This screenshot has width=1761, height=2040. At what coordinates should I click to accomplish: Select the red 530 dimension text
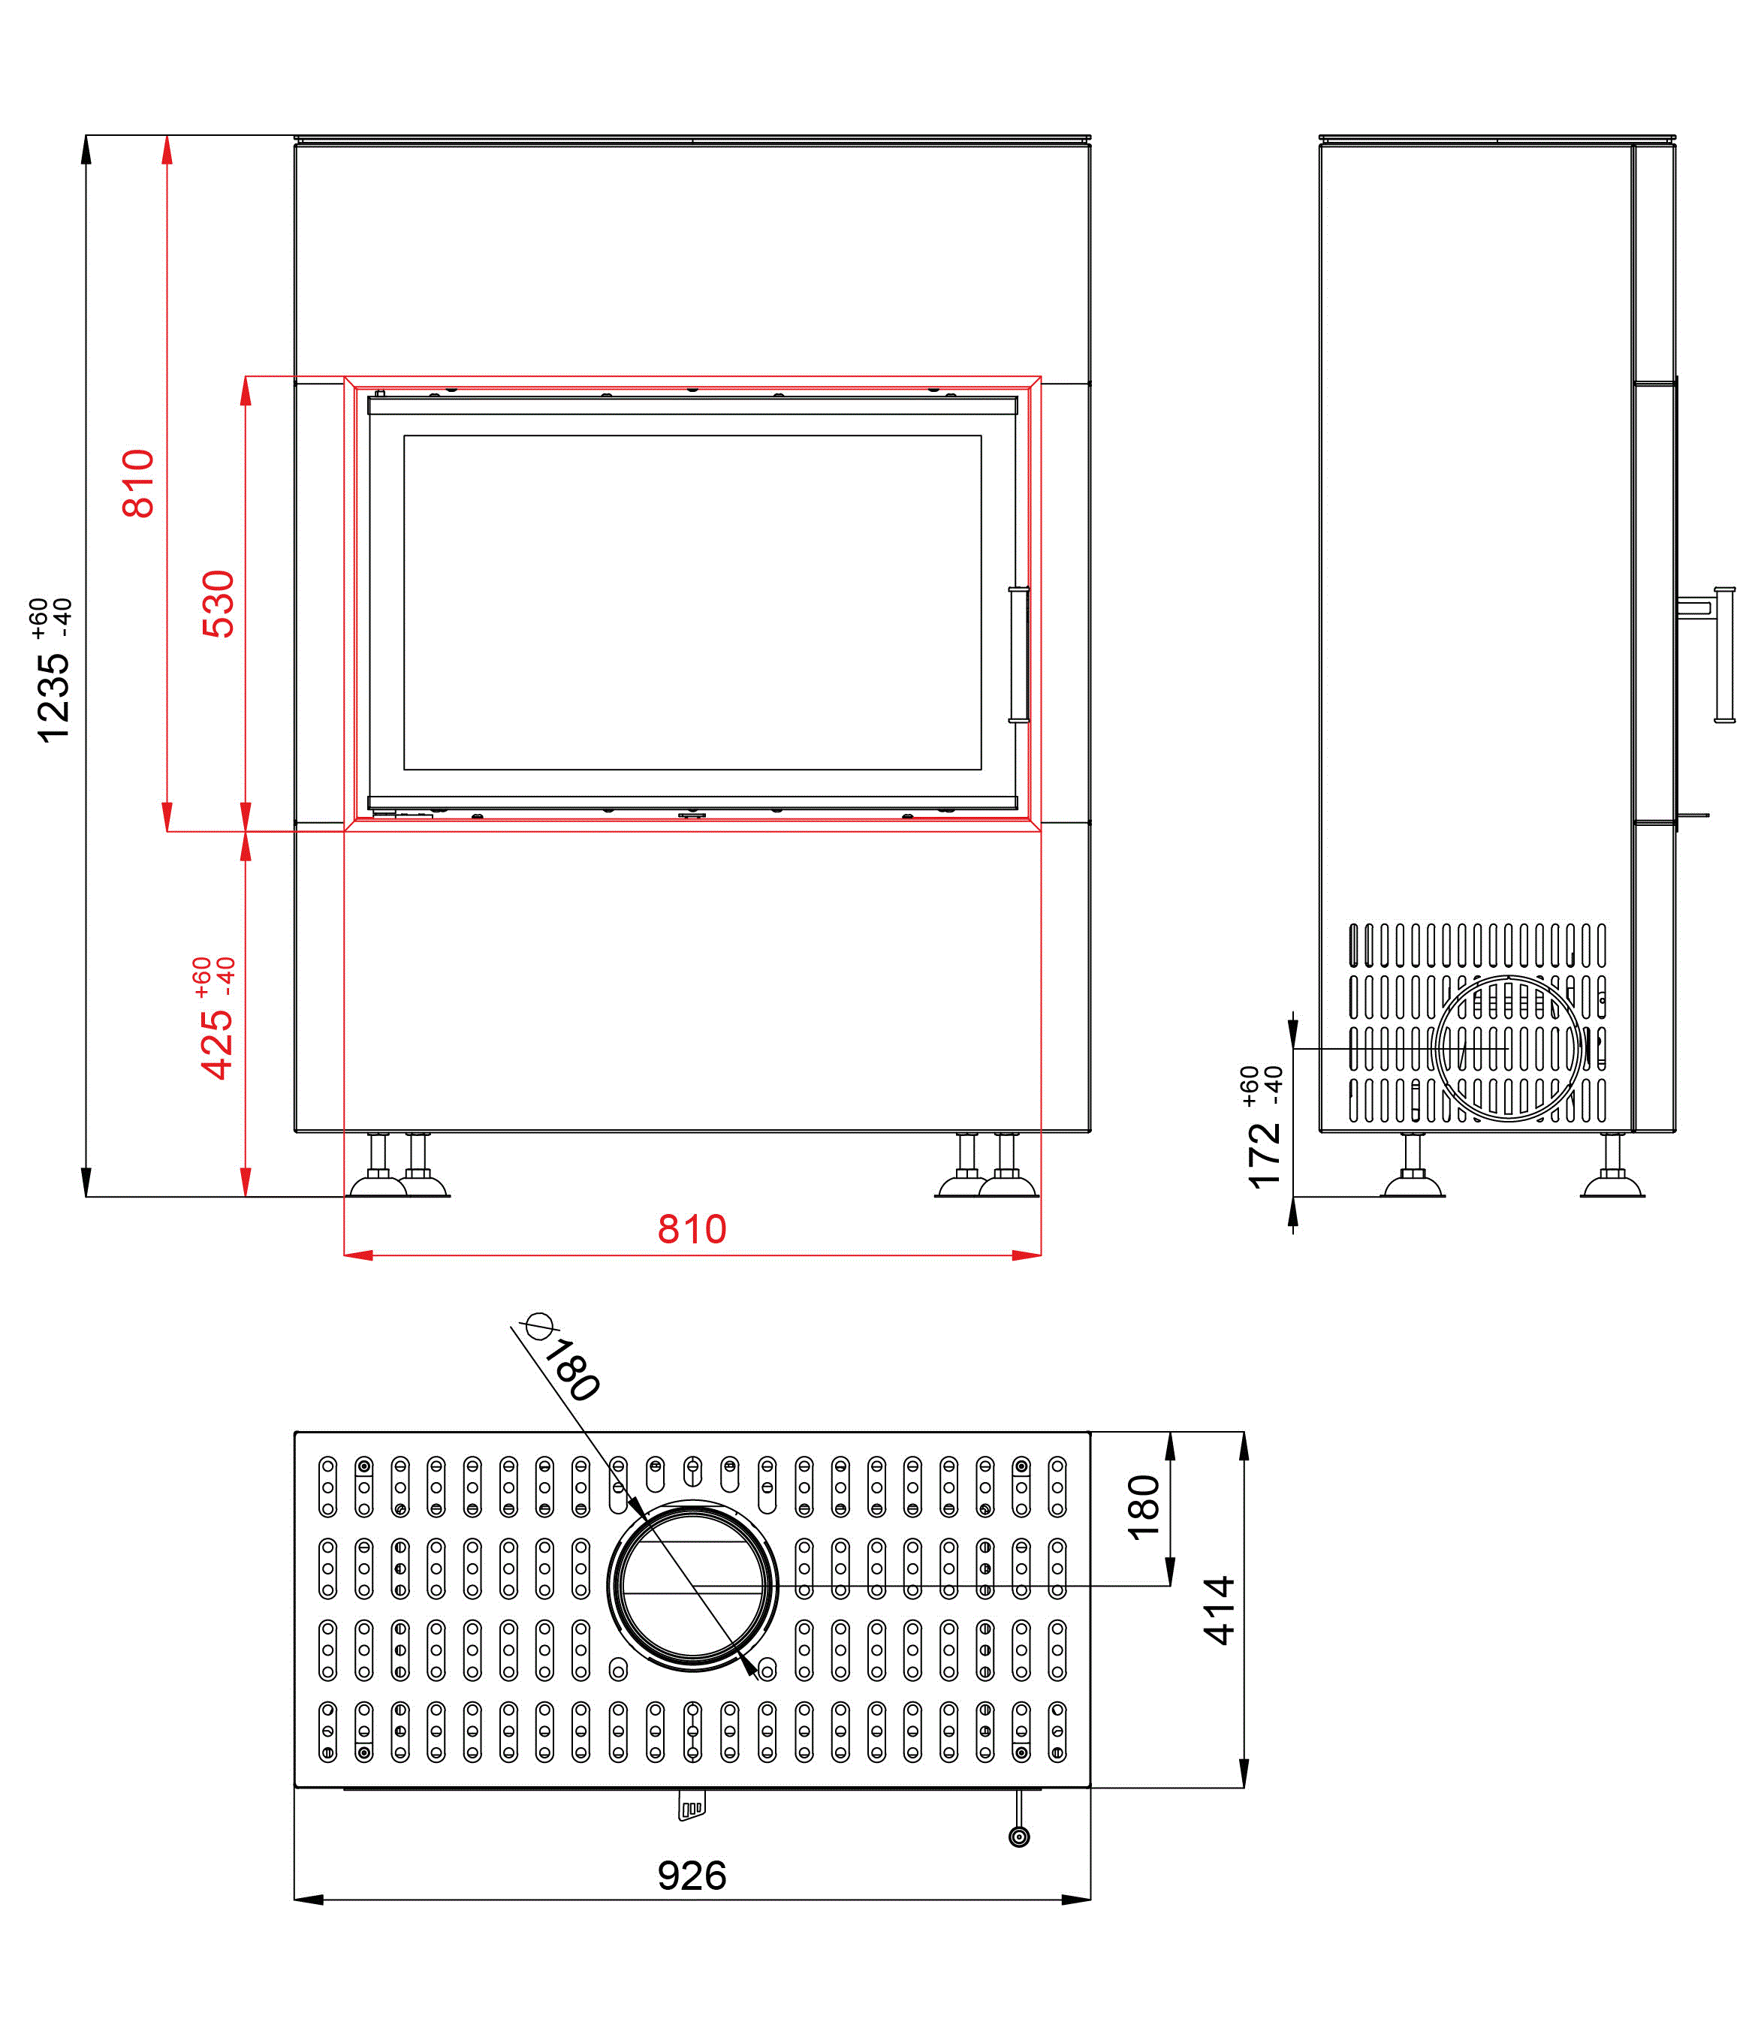[218, 604]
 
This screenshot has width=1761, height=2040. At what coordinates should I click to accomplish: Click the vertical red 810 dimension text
[138, 484]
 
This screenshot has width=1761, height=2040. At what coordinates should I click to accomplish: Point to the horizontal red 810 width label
[692, 1228]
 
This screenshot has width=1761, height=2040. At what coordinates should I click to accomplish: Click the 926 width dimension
[692, 1876]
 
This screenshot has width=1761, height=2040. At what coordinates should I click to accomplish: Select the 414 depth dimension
[1220, 1610]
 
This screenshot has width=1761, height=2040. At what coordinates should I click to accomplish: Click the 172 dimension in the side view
[1265, 1154]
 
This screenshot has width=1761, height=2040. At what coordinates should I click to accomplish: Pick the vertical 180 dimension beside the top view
[1144, 1508]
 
